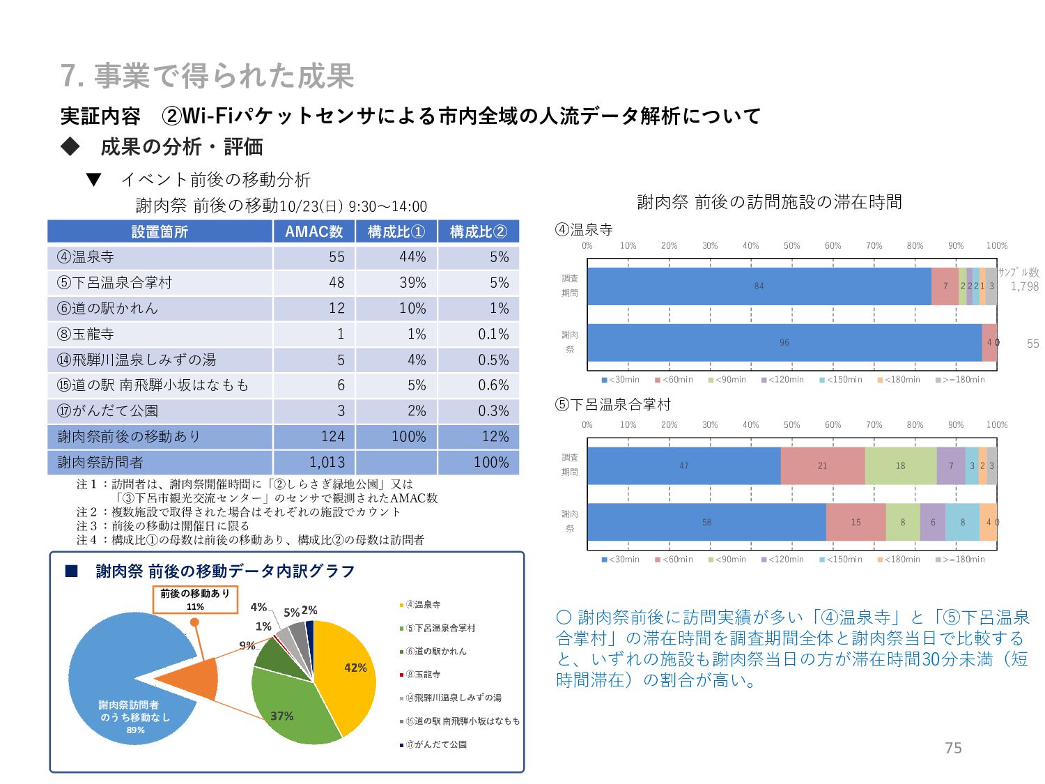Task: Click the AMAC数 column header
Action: pyautogui.click(x=313, y=231)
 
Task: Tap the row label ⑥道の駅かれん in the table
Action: pyautogui.click(x=108, y=308)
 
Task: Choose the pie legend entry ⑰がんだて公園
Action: pyautogui.click(x=436, y=744)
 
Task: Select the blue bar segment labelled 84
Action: pyautogui.click(x=759, y=286)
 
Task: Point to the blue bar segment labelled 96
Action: pyautogui.click(x=784, y=342)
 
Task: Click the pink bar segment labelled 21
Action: pyautogui.click(x=822, y=466)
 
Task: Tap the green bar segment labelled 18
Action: pyautogui.click(x=900, y=466)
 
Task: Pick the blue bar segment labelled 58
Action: pyautogui.click(x=706, y=522)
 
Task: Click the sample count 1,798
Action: pyautogui.click(x=1024, y=286)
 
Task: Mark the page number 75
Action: pyautogui.click(x=953, y=748)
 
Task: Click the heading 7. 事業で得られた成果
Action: pyautogui.click(x=208, y=76)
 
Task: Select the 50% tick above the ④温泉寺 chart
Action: pyautogui.click(x=791, y=245)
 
